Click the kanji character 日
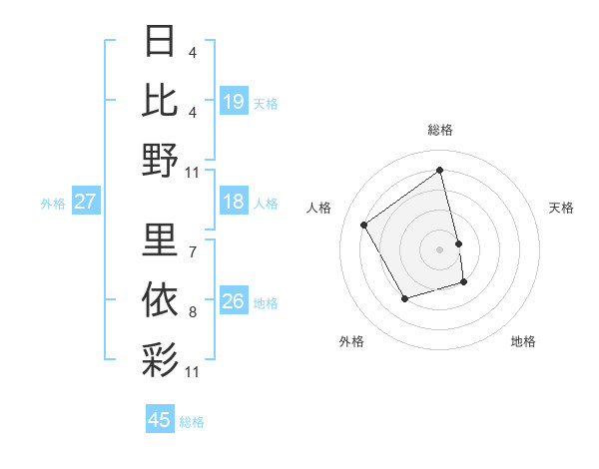pyautogui.click(x=161, y=43)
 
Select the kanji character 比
pyautogui.click(x=161, y=101)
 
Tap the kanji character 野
pyautogui.click(x=161, y=160)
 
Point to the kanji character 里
pyautogui.click(x=161, y=239)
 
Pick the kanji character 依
pyautogui.click(x=161, y=300)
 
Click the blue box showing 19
pyautogui.click(x=234, y=101)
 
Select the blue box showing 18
pyautogui.click(x=234, y=203)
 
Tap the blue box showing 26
pyautogui.click(x=234, y=301)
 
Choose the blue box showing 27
pyautogui.click(x=86, y=203)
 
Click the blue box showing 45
pyautogui.click(x=160, y=420)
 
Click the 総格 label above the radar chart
pyautogui.click(x=440, y=130)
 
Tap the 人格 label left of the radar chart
pyautogui.click(x=319, y=208)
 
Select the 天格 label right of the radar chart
pyautogui.click(x=561, y=208)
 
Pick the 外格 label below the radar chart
pyautogui.click(x=350, y=341)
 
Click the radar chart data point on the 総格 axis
pyautogui.click(x=440, y=170)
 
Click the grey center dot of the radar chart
pyautogui.click(x=440, y=248)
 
